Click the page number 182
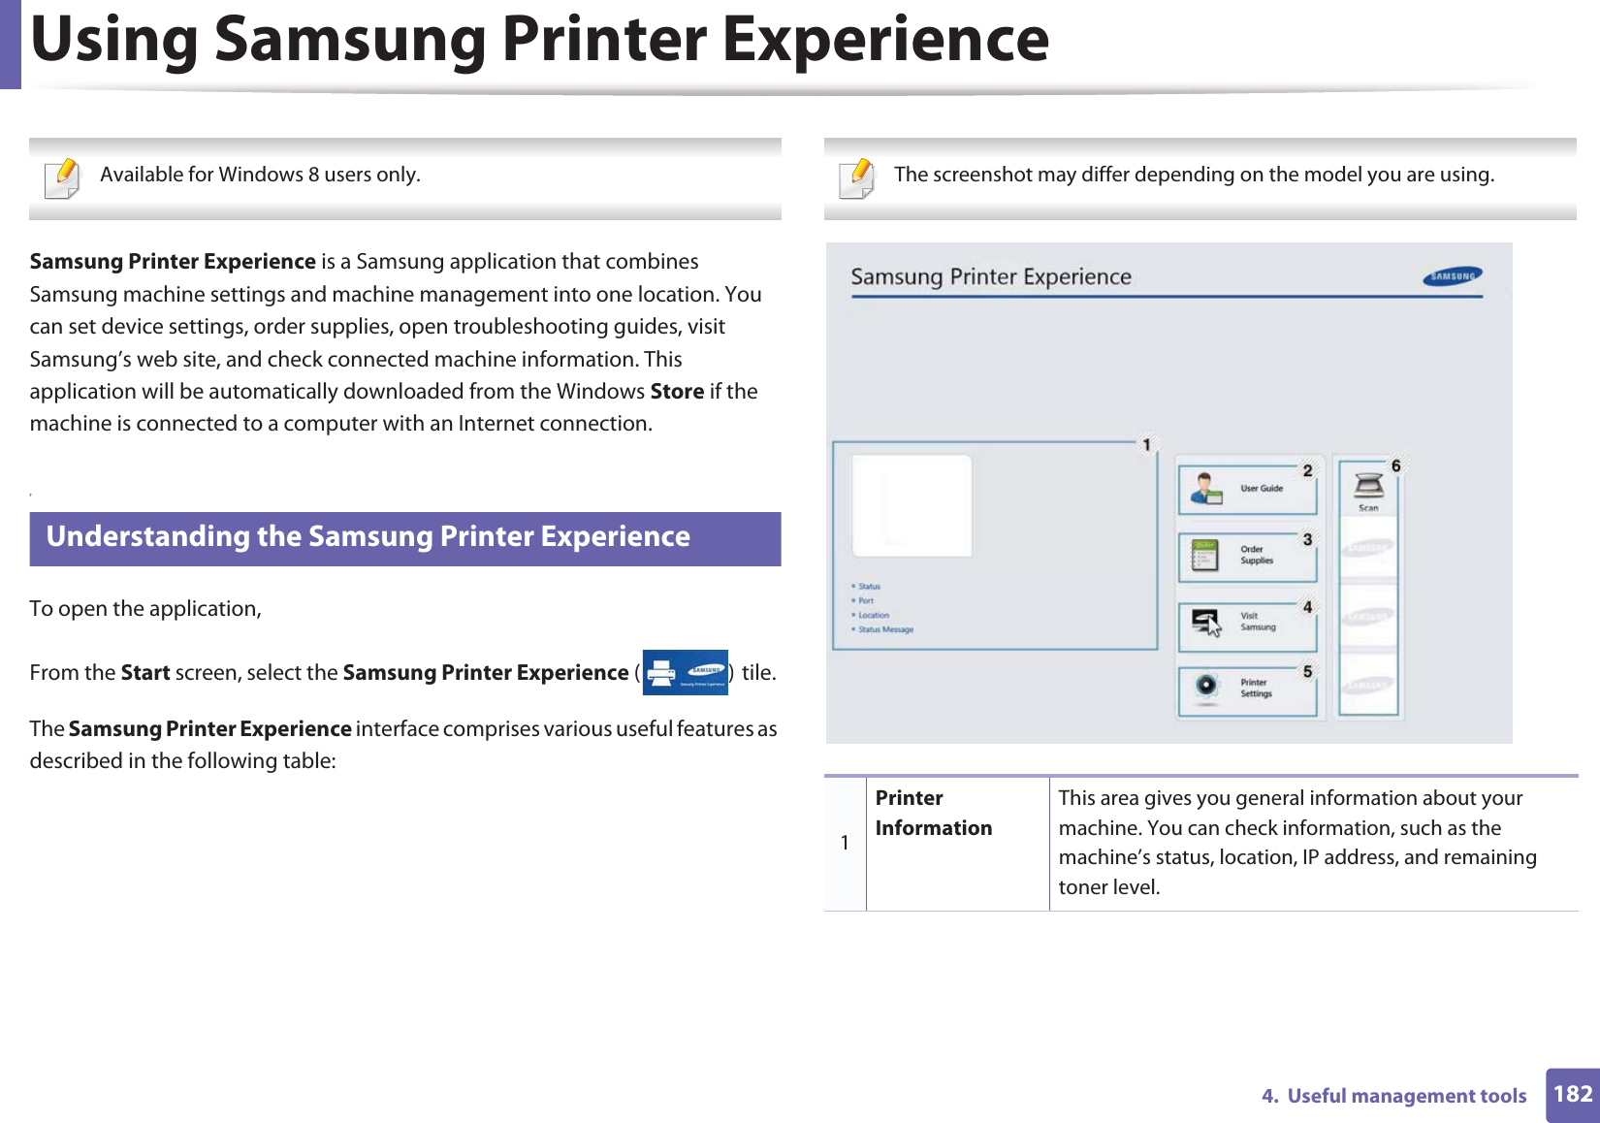pos(1573,1095)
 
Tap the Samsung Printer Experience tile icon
pos(685,672)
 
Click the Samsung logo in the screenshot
pos(1453,276)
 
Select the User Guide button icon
pos(1206,489)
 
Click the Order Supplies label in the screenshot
pos(1257,555)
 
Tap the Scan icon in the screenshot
pos(1368,485)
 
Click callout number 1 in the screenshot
pos(1146,445)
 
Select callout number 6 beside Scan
pos(1396,466)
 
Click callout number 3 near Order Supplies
pos(1307,540)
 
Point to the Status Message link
pos(885,629)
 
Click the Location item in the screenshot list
pos(873,615)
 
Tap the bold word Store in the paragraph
pos(677,392)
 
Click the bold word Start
pos(145,673)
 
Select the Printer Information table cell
pos(933,813)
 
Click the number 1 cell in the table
pos(845,843)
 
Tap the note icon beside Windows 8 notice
pos(64,178)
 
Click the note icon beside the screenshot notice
pos(858,178)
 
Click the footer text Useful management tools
pos(1406,1096)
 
